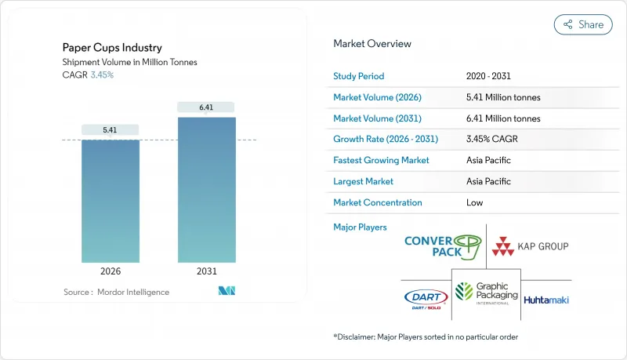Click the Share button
tap(583, 24)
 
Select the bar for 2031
tap(206, 190)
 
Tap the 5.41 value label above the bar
tap(111, 129)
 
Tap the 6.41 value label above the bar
tap(206, 107)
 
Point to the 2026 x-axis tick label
tap(111, 272)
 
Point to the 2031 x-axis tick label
tap(206, 272)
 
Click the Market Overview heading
tap(372, 44)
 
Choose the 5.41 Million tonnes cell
tap(502, 97)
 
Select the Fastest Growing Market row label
tap(381, 160)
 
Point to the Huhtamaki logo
tap(546, 300)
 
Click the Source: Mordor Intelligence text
tap(116, 292)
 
